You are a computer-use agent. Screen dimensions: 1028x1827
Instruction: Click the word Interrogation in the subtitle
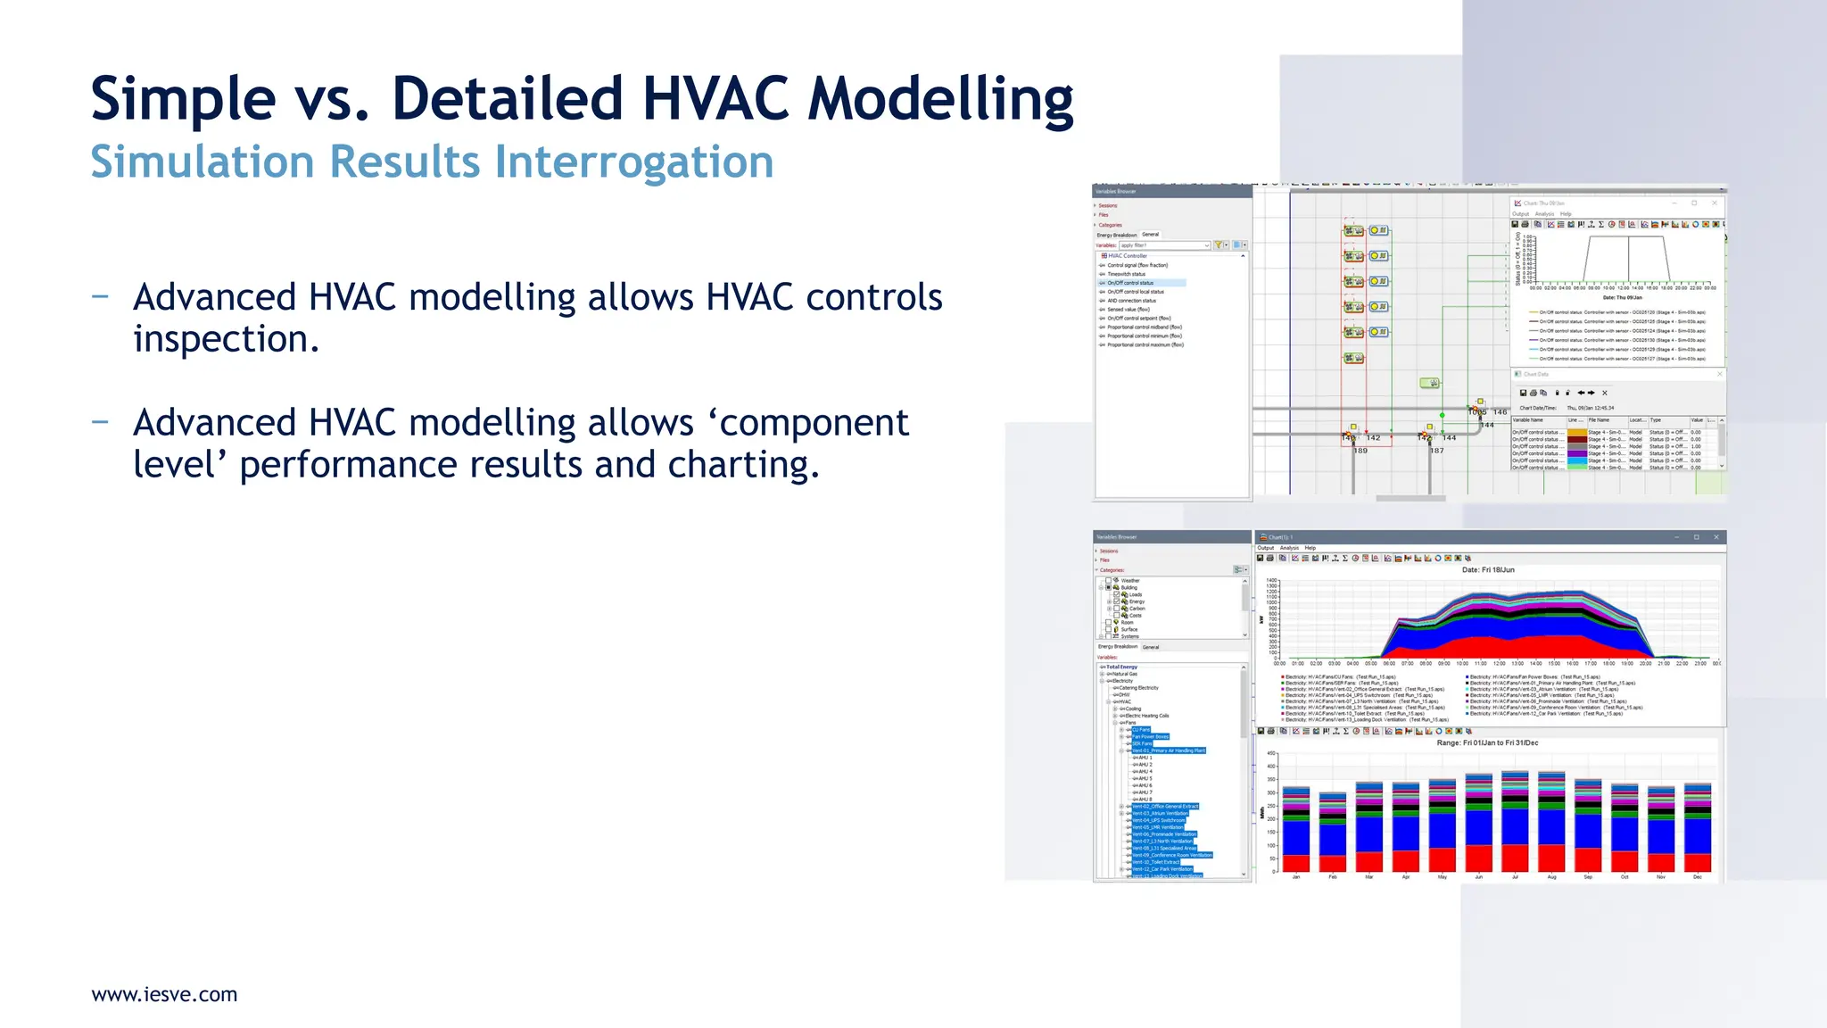pyautogui.click(x=633, y=162)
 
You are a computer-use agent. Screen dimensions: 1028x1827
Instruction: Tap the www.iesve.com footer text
pyautogui.click(x=164, y=994)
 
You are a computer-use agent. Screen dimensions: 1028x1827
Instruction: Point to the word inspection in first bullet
pyautogui.click(x=226, y=339)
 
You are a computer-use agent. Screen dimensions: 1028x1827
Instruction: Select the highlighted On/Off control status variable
pyautogui.click(x=1130, y=283)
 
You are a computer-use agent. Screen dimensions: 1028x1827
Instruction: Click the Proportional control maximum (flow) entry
pyautogui.click(x=1145, y=344)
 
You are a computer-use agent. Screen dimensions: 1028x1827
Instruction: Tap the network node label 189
pyautogui.click(x=1360, y=451)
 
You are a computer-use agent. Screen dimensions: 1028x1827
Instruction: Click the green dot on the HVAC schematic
pyautogui.click(x=1442, y=415)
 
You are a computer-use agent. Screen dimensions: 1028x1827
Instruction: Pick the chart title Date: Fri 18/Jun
pyautogui.click(x=1488, y=569)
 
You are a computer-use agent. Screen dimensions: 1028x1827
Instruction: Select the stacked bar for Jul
pyautogui.click(x=1515, y=821)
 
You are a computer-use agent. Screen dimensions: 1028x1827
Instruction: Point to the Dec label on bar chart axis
pyautogui.click(x=1698, y=877)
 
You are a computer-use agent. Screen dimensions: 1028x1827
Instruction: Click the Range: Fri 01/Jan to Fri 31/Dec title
pyautogui.click(x=1487, y=742)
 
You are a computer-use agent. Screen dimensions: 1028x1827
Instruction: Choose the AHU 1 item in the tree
pyautogui.click(x=1144, y=758)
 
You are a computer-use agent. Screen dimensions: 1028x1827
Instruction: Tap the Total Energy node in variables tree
pyautogui.click(x=1121, y=667)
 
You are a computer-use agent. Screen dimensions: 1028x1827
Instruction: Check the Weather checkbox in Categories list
pyautogui.click(x=1109, y=580)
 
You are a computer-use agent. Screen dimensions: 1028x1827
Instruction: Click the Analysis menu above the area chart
pyautogui.click(x=1289, y=548)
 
